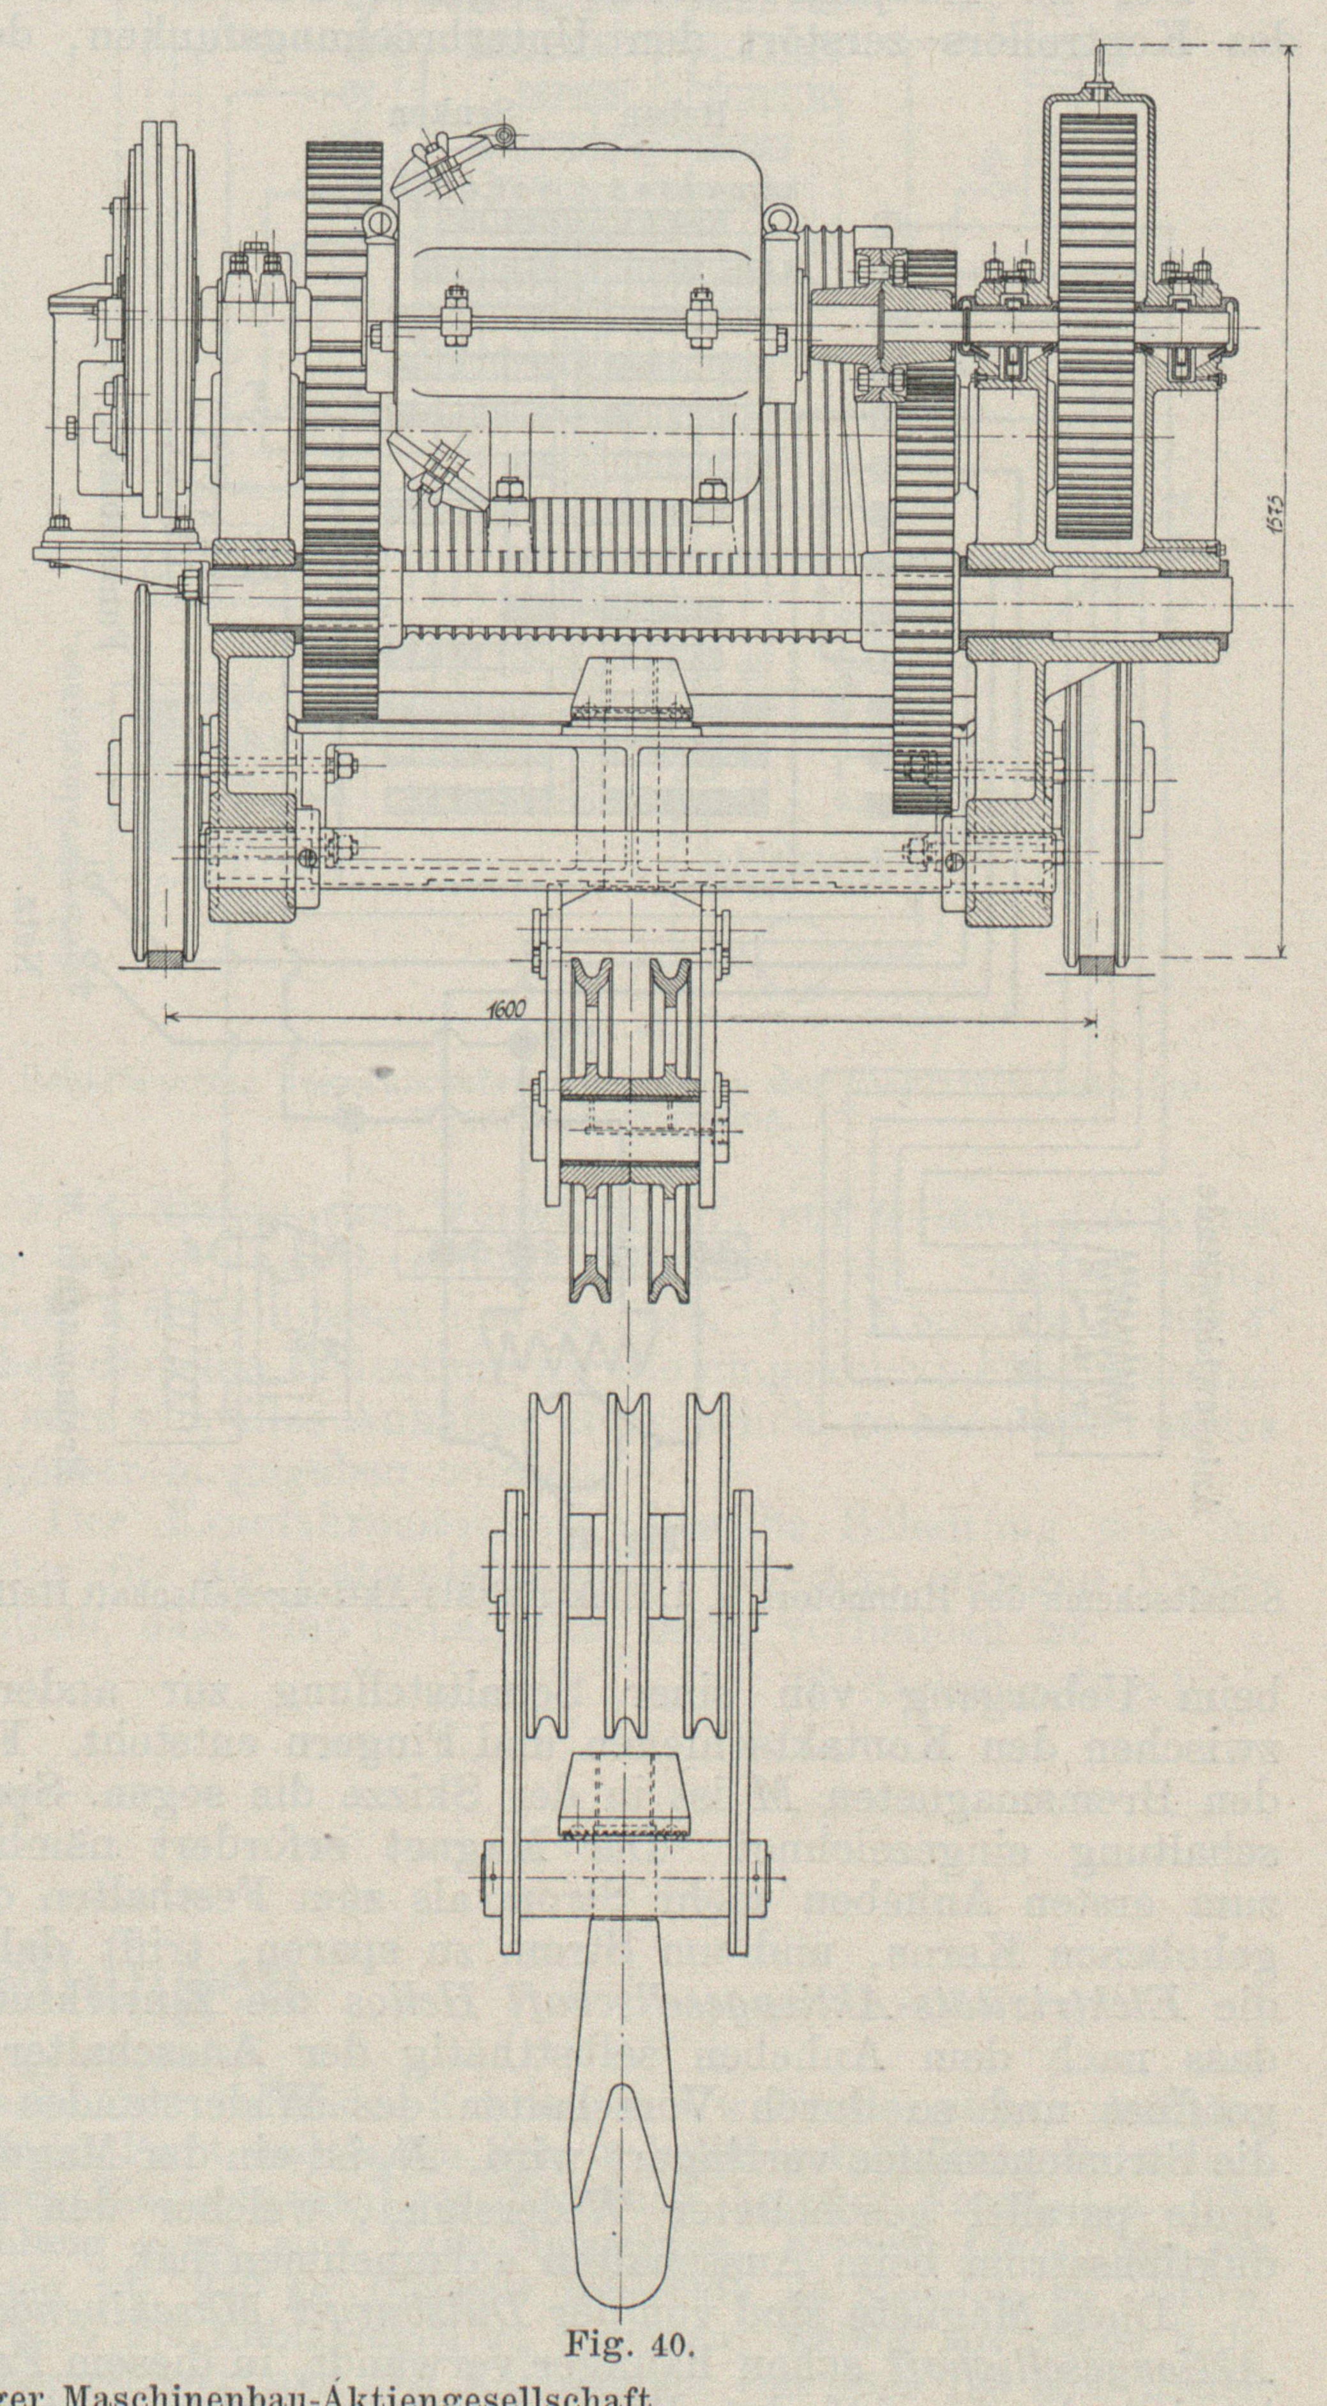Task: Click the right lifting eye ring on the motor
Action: coord(779,220)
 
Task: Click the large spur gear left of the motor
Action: coord(342,429)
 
